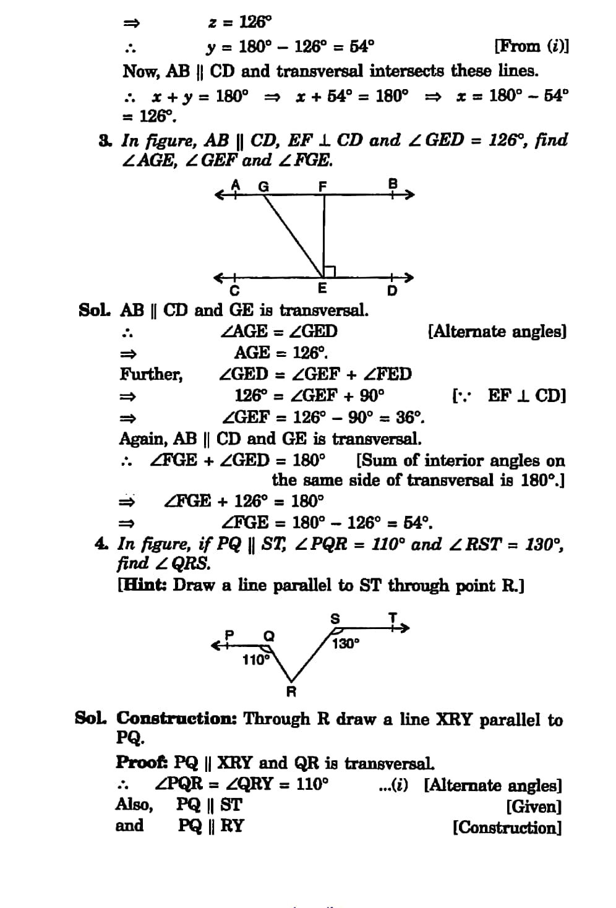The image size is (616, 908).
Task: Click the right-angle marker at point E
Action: pyautogui.click(x=329, y=271)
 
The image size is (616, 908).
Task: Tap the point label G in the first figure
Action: pyautogui.click(x=263, y=186)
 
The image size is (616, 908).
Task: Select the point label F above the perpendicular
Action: pyautogui.click(x=322, y=186)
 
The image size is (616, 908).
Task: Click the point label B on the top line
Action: pyautogui.click(x=392, y=183)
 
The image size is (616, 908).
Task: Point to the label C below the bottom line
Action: pyautogui.click(x=234, y=291)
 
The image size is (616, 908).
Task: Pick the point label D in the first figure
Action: pyautogui.click(x=392, y=291)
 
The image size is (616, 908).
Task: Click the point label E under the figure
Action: pyautogui.click(x=322, y=289)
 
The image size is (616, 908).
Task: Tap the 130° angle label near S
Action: pyautogui.click(x=345, y=644)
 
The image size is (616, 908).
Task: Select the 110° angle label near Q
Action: pyautogui.click(x=255, y=660)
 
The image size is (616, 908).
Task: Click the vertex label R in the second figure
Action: pyautogui.click(x=291, y=692)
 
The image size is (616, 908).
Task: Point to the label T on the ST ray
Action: pyautogui.click(x=392, y=617)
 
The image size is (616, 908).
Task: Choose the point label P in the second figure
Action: pyautogui.click(x=230, y=634)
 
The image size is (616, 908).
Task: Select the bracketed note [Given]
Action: pyautogui.click(x=534, y=807)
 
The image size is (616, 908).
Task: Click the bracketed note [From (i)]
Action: pyautogui.click(x=531, y=46)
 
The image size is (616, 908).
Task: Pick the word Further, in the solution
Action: pyautogui.click(x=151, y=374)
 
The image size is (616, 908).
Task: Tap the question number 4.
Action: pyautogui.click(x=100, y=544)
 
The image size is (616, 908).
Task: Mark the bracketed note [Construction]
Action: pyautogui.click(x=507, y=828)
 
